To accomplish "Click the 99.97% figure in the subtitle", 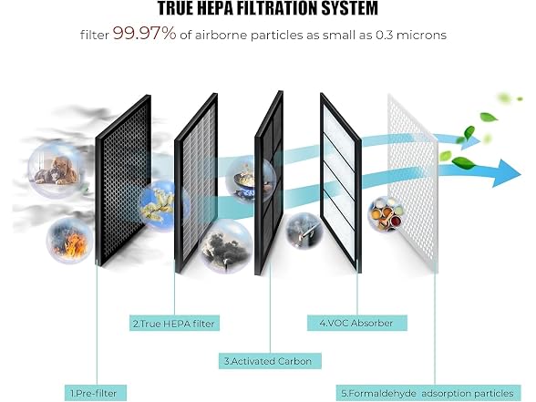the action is (x=144, y=34).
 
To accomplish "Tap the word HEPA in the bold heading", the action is (x=216, y=8).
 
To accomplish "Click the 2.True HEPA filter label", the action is (x=174, y=324).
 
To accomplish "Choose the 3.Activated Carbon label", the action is (x=270, y=361).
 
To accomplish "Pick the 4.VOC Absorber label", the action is (x=357, y=323).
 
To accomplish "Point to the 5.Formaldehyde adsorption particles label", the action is (x=428, y=393).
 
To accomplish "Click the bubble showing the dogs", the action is (x=56, y=170).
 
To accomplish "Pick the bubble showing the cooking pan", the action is (x=251, y=180).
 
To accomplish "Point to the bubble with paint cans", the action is (x=386, y=213).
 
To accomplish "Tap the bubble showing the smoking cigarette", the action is (x=304, y=231).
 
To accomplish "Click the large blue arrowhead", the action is (x=506, y=173).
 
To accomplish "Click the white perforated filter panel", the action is (x=413, y=183).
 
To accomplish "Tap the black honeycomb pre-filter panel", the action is (x=123, y=180).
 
